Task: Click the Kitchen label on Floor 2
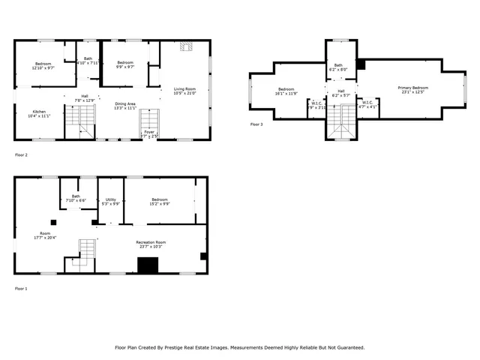(38, 111)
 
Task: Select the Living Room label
(184, 88)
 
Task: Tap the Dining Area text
(125, 103)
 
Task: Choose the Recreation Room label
(151, 242)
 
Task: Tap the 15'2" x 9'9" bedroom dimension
(159, 203)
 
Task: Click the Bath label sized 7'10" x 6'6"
(76, 196)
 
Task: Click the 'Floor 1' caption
(21, 288)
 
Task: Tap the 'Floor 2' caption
(21, 154)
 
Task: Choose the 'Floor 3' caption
(256, 124)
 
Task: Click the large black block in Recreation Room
(148, 265)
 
